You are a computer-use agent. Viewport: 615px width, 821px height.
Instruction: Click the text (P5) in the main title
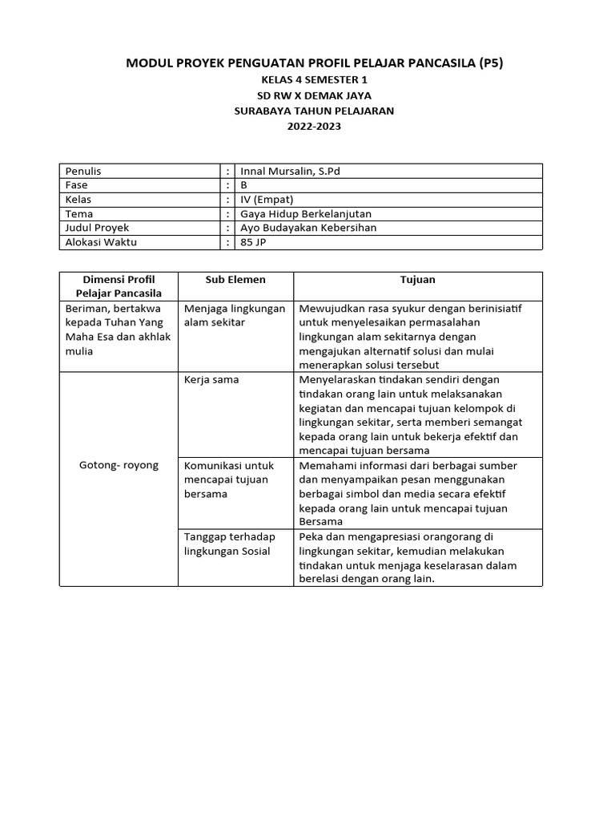pos(487,63)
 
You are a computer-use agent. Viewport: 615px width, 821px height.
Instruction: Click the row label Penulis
pos(83,171)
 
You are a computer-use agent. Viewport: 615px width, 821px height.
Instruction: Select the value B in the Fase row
pos(244,185)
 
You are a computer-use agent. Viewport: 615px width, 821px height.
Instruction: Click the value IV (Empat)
pos(267,200)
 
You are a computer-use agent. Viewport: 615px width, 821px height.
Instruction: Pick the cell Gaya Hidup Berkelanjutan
pos(306,214)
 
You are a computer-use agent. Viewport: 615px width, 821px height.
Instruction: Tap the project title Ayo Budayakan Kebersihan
pos(308,228)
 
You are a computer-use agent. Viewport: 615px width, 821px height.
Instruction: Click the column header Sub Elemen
pos(235,280)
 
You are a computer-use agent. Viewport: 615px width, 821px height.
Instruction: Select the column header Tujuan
pos(417,280)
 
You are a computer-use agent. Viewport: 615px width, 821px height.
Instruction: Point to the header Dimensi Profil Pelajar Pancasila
pos(119,286)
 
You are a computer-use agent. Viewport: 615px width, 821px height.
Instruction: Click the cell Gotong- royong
pos(119,465)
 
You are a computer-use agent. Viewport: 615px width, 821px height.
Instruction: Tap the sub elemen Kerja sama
pos(211,379)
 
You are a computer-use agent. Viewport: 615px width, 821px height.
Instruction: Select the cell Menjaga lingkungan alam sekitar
pos(234,315)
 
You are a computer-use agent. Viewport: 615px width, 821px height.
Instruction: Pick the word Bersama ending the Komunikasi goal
pos(320,522)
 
